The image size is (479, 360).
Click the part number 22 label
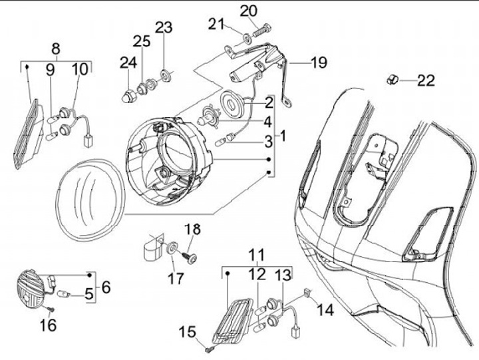pos(426,81)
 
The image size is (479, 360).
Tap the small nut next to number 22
pos(393,81)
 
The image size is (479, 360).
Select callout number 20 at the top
pos(247,11)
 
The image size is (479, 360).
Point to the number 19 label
pos(319,63)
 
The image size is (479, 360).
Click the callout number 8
pos(56,47)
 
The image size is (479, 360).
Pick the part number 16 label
pos(49,325)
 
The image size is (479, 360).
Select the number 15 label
pos(188,331)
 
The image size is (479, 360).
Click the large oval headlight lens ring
pos(90,197)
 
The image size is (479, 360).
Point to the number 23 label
pos(164,27)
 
